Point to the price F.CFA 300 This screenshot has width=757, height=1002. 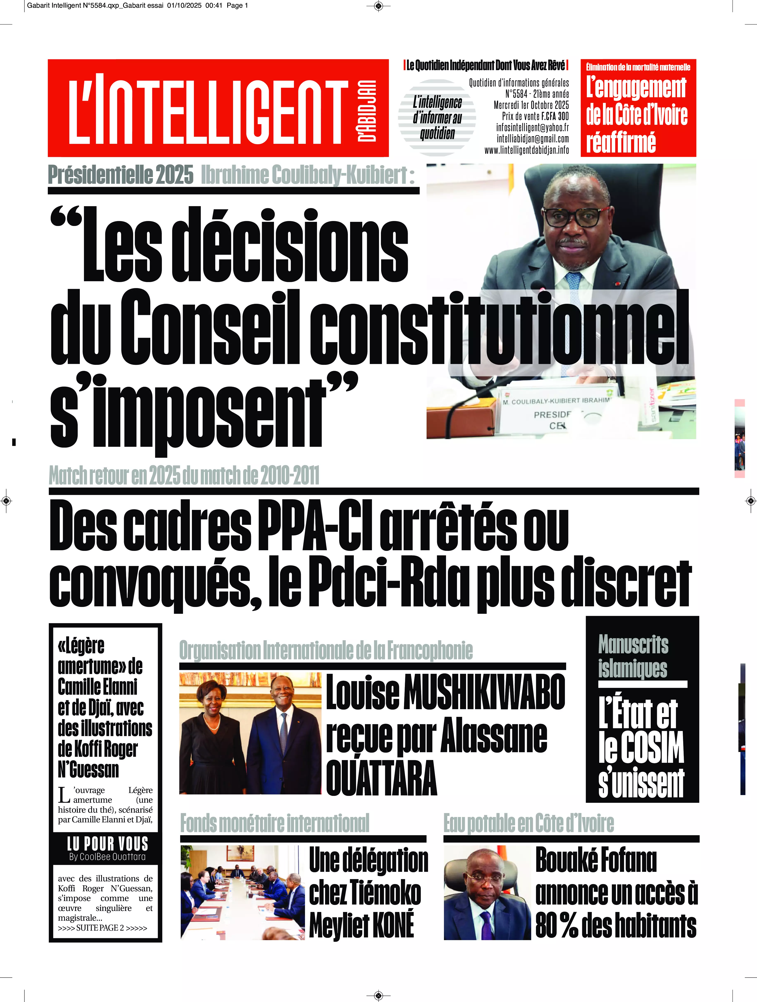coord(555,117)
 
